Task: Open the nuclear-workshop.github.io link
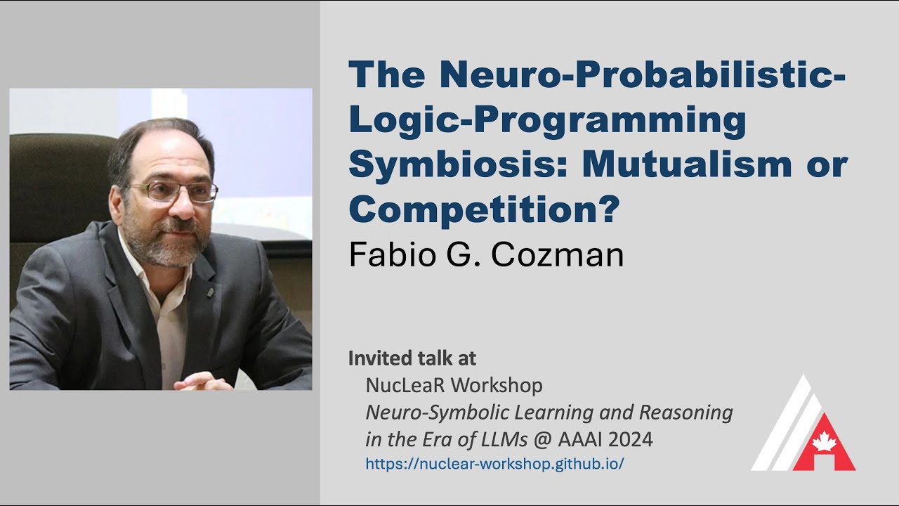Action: [x=494, y=464]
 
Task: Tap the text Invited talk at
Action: [x=412, y=358]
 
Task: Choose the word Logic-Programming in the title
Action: [x=547, y=120]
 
